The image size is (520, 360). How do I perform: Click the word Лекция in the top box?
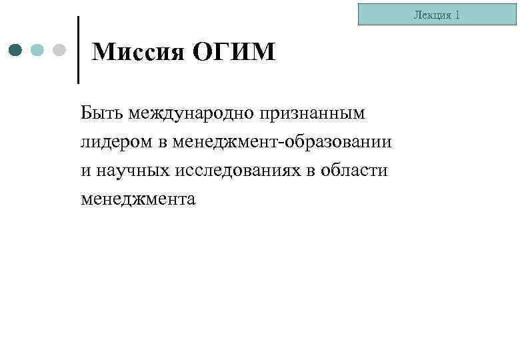[432, 15]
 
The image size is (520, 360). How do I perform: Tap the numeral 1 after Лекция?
[457, 15]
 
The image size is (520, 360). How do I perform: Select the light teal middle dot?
[38, 50]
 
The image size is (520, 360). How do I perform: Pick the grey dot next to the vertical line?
[59, 50]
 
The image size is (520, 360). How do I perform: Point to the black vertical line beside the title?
[79, 50]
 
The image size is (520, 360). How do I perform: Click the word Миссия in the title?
[136, 51]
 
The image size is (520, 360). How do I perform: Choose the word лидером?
[118, 143]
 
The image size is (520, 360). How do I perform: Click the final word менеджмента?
[139, 199]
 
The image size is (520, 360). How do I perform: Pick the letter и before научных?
[85, 171]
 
